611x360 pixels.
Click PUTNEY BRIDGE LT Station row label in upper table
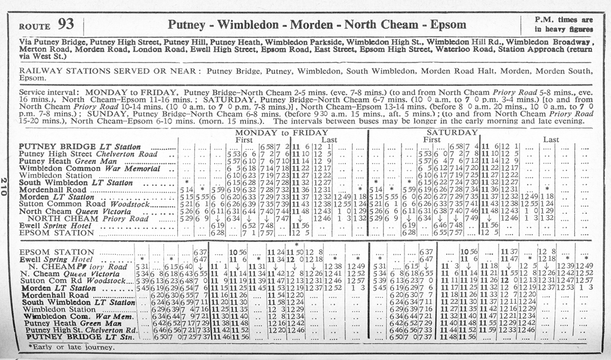[x=79, y=147]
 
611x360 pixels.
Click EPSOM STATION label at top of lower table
[x=56, y=252]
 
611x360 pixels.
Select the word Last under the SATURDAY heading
[x=552, y=140]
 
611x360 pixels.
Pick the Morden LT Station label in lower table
[x=57, y=288]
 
